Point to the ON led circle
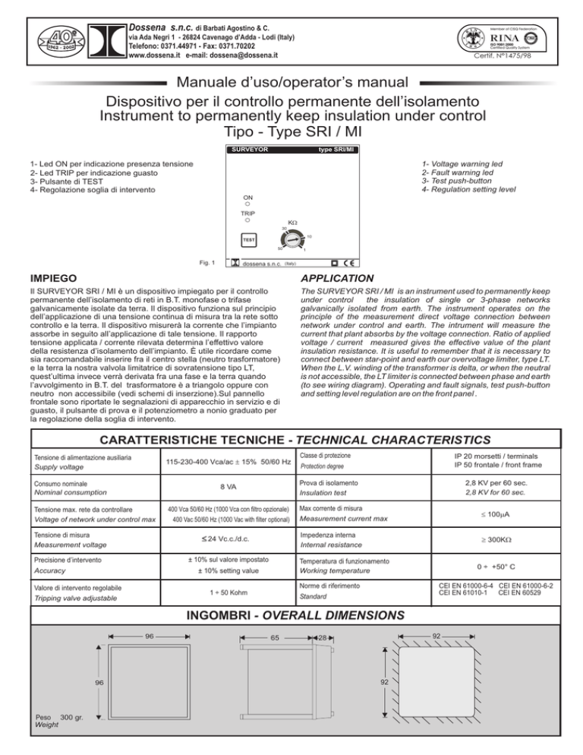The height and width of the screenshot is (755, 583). [x=247, y=204]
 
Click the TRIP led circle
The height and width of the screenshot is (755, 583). [x=247, y=220]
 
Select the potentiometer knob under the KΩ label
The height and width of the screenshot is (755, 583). [x=292, y=238]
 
